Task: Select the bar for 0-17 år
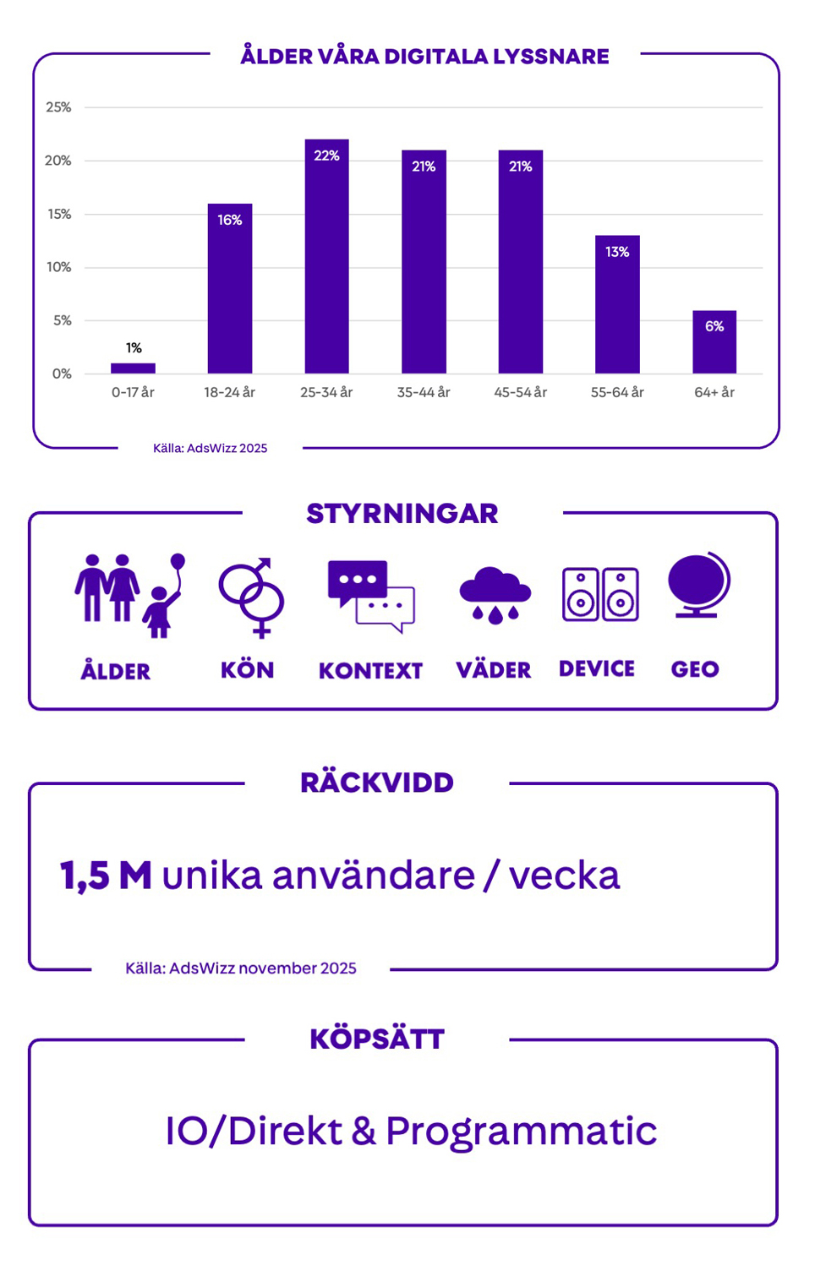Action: [x=133, y=368]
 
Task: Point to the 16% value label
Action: [x=230, y=220]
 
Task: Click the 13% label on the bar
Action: [x=617, y=252]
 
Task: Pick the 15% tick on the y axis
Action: [x=59, y=214]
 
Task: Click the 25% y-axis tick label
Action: [x=58, y=107]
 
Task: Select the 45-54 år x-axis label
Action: [x=520, y=392]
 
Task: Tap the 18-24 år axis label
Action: [x=229, y=392]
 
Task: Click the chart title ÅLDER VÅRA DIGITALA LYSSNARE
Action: [x=424, y=57]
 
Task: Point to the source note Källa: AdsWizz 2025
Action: [x=210, y=448]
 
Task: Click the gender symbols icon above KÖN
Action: [x=251, y=596]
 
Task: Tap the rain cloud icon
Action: [x=495, y=595]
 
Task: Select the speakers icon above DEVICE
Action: [x=600, y=594]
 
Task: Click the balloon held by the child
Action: [x=178, y=562]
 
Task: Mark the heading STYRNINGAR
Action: [x=402, y=514]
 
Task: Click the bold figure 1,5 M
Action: [x=106, y=876]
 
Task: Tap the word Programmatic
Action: [x=521, y=1131]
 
